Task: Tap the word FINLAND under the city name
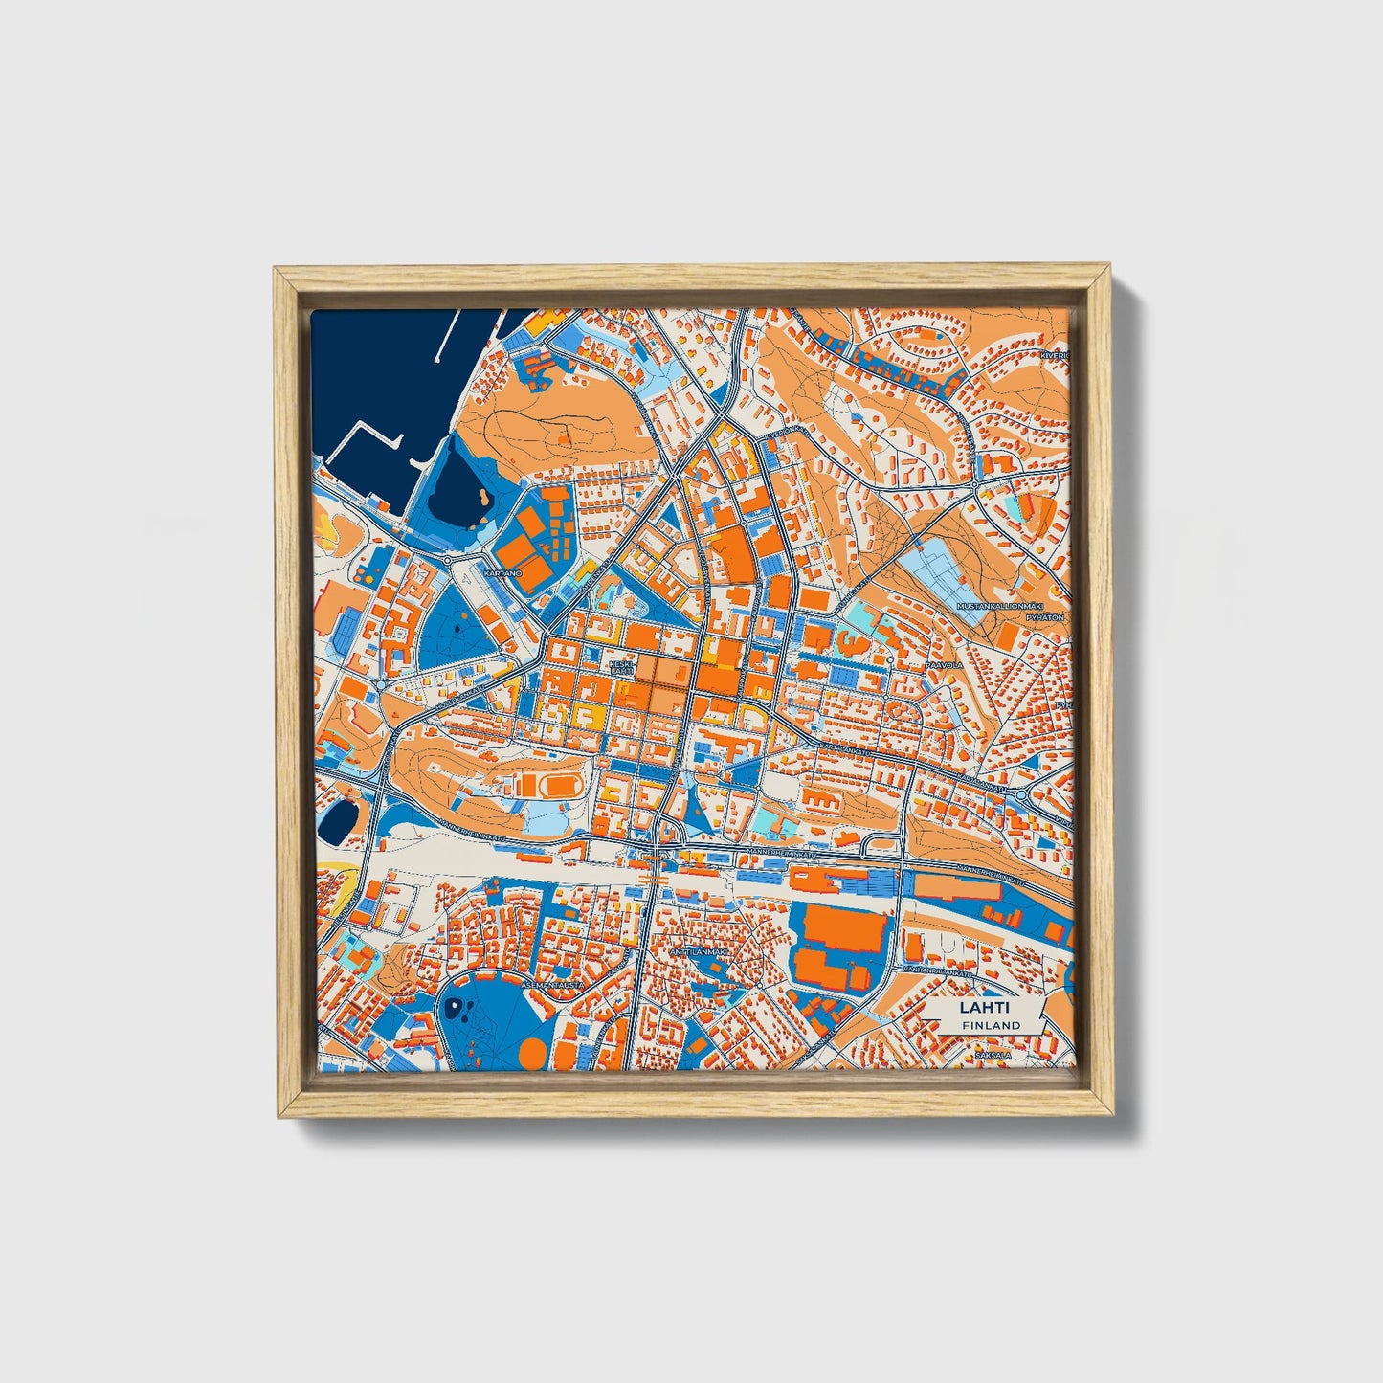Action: coord(992,1025)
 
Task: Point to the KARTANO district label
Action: coord(503,572)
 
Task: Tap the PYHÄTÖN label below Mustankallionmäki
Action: coord(1045,618)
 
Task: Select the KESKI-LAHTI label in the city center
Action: coord(621,666)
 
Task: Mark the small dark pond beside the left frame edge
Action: coord(337,821)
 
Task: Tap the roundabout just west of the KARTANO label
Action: coord(447,560)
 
